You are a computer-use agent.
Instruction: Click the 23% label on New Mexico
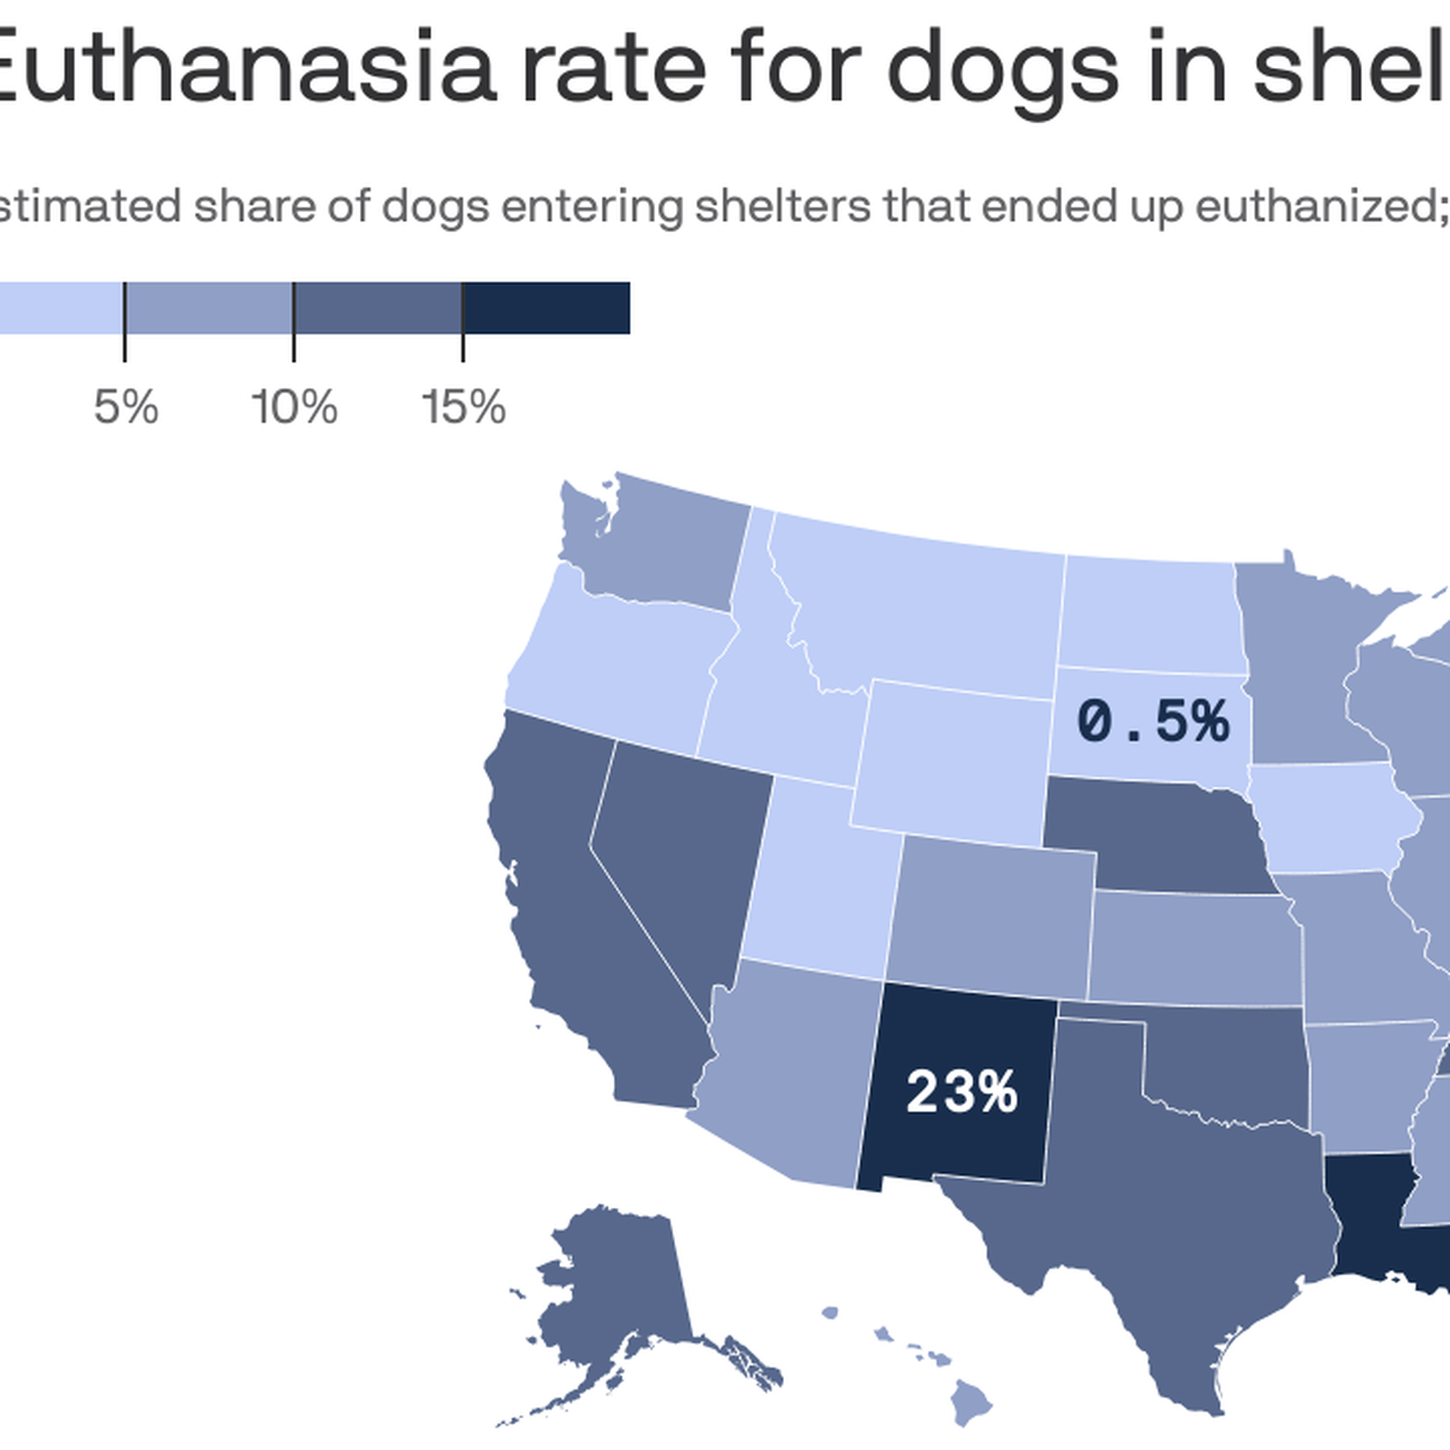click(x=962, y=1091)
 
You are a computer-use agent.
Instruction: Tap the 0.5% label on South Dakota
click(x=1153, y=722)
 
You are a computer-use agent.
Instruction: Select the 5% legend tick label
click(x=126, y=407)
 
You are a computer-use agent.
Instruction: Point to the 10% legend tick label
click(x=295, y=407)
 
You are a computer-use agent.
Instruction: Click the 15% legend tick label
click(x=463, y=407)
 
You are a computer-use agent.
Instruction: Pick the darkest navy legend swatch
click(x=546, y=308)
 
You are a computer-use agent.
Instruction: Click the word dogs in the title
click(x=1003, y=68)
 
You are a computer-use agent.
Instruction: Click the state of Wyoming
click(x=952, y=761)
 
